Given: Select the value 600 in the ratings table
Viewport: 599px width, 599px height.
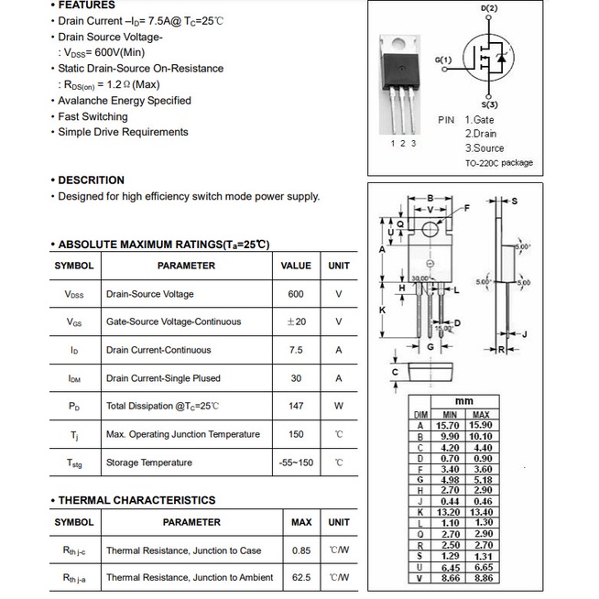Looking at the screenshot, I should (x=295, y=294).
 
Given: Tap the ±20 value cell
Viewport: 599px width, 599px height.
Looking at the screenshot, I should (x=296, y=321).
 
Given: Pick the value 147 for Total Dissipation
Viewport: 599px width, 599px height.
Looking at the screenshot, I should (x=295, y=406).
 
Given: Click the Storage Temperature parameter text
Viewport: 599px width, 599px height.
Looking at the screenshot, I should (x=148, y=463).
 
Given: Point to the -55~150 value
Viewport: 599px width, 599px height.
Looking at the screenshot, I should (x=296, y=463).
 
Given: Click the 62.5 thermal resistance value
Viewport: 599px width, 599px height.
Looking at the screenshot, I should (x=301, y=578).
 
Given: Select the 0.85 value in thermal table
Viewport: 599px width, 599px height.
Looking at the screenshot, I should (x=301, y=550).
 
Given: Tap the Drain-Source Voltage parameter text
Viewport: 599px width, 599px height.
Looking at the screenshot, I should (x=149, y=294).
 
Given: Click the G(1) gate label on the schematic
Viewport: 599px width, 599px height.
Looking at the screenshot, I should (x=443, y=60).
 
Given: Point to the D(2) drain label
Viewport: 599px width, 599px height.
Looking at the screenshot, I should (x=489, y=9).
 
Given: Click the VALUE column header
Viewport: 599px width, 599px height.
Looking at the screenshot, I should (x=296, y=266).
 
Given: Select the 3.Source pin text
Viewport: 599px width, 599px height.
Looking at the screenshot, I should (x=485, y=147).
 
